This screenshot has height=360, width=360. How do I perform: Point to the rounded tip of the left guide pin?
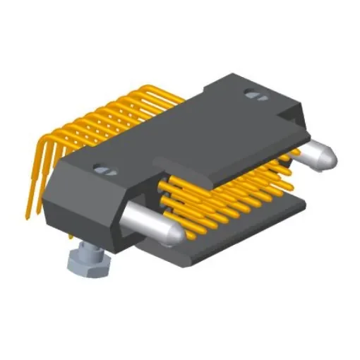171,233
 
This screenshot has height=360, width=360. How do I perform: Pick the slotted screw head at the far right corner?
252,93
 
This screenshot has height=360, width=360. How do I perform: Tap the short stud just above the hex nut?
88,246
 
